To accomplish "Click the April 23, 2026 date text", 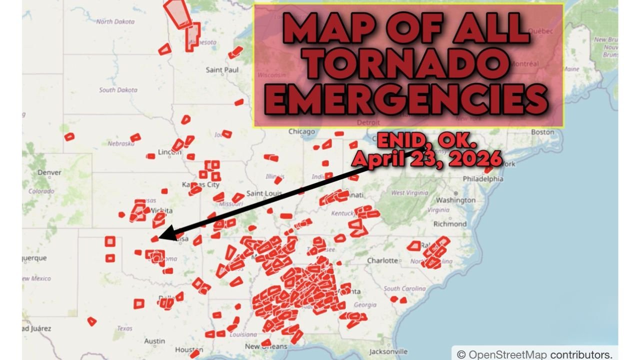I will click(x=426, y=158).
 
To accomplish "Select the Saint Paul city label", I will click(x=222, y=70).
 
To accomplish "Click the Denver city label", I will click(x=49, y=172).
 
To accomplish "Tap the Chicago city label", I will click(x=301, y=132).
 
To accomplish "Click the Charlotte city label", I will click(x=382, y=260).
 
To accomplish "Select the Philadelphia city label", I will click(x=483, y=178).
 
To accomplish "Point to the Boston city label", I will click(x=542, y=132).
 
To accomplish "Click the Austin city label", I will click(x=154, y=341).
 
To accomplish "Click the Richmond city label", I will click(x=449, y=224).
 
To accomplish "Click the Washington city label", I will click(x=458, y=200).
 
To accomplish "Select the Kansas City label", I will click(x=201, y=184).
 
